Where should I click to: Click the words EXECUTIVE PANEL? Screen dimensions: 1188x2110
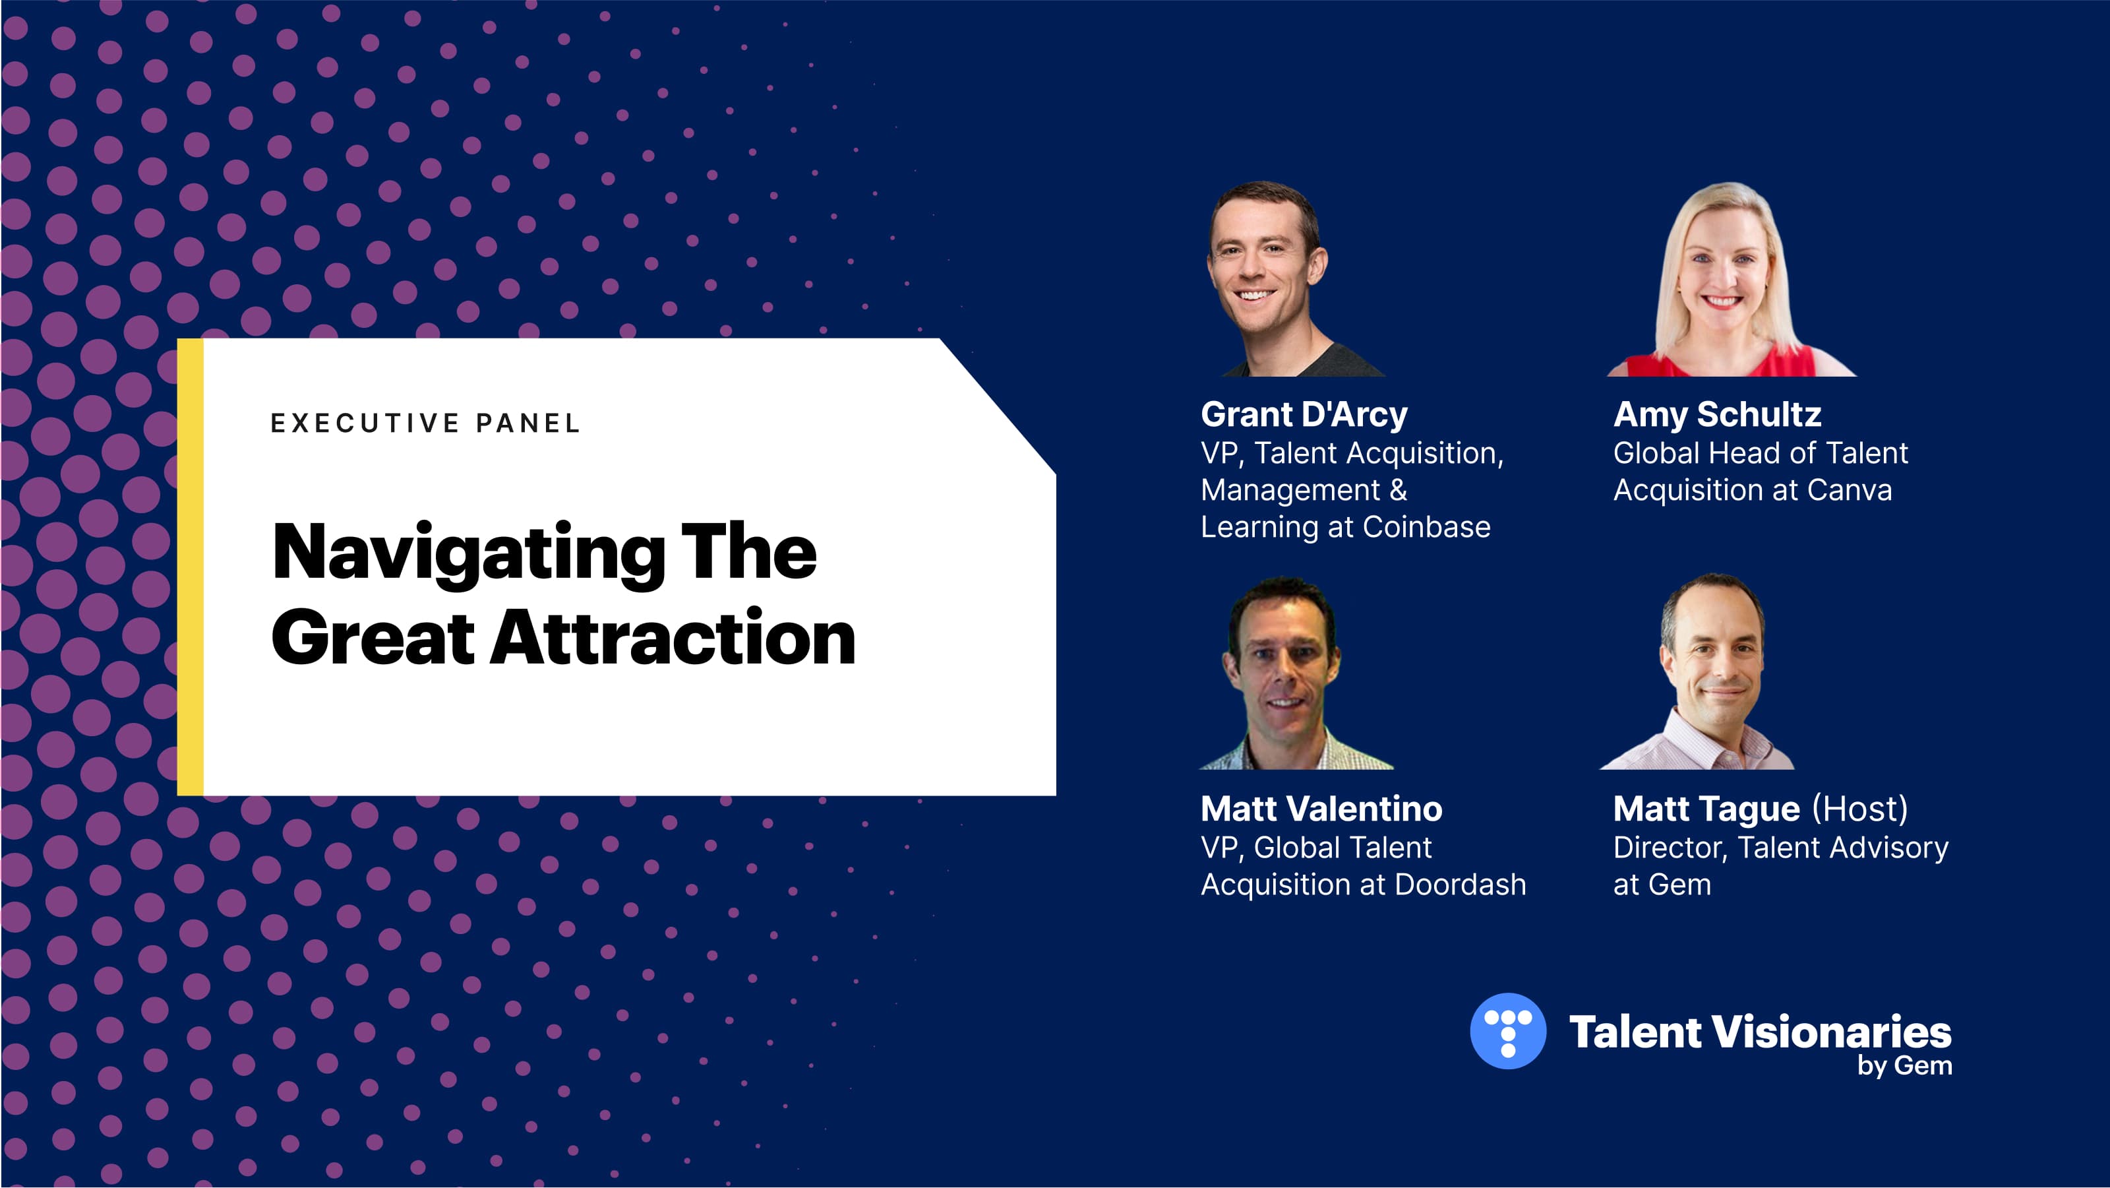pos(425,423)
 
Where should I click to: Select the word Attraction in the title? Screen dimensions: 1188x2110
pos(673,639)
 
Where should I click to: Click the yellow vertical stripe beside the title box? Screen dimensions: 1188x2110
pos(190,567)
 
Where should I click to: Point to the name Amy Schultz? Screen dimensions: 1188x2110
pos(1717,414)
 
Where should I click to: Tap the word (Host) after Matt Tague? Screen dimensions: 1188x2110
pos(1860,809)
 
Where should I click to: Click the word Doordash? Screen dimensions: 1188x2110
pos(1460,884)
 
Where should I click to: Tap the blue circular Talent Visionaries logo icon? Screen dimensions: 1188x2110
pos(1508,1031)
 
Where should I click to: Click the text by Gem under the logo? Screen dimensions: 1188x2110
pos(1904,1066)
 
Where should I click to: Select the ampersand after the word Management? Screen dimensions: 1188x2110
pos(1398,490)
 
